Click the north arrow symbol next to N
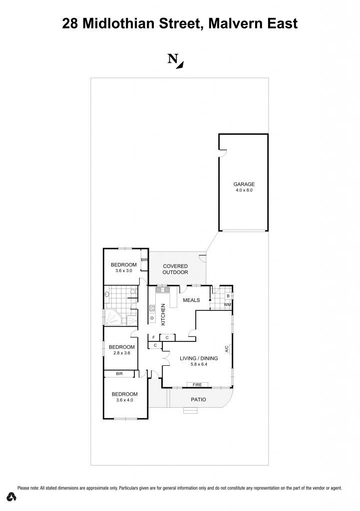point(181,63)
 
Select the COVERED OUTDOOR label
point(175,269)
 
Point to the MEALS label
point(191,300)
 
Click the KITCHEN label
point(163,314)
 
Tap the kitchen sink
point(162,289)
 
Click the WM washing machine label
point(227,304)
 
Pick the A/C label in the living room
point(227,349)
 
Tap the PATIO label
point(198,400)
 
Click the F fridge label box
point(153,338)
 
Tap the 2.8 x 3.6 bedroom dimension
point(122,353)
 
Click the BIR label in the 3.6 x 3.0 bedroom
point(144,260)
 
